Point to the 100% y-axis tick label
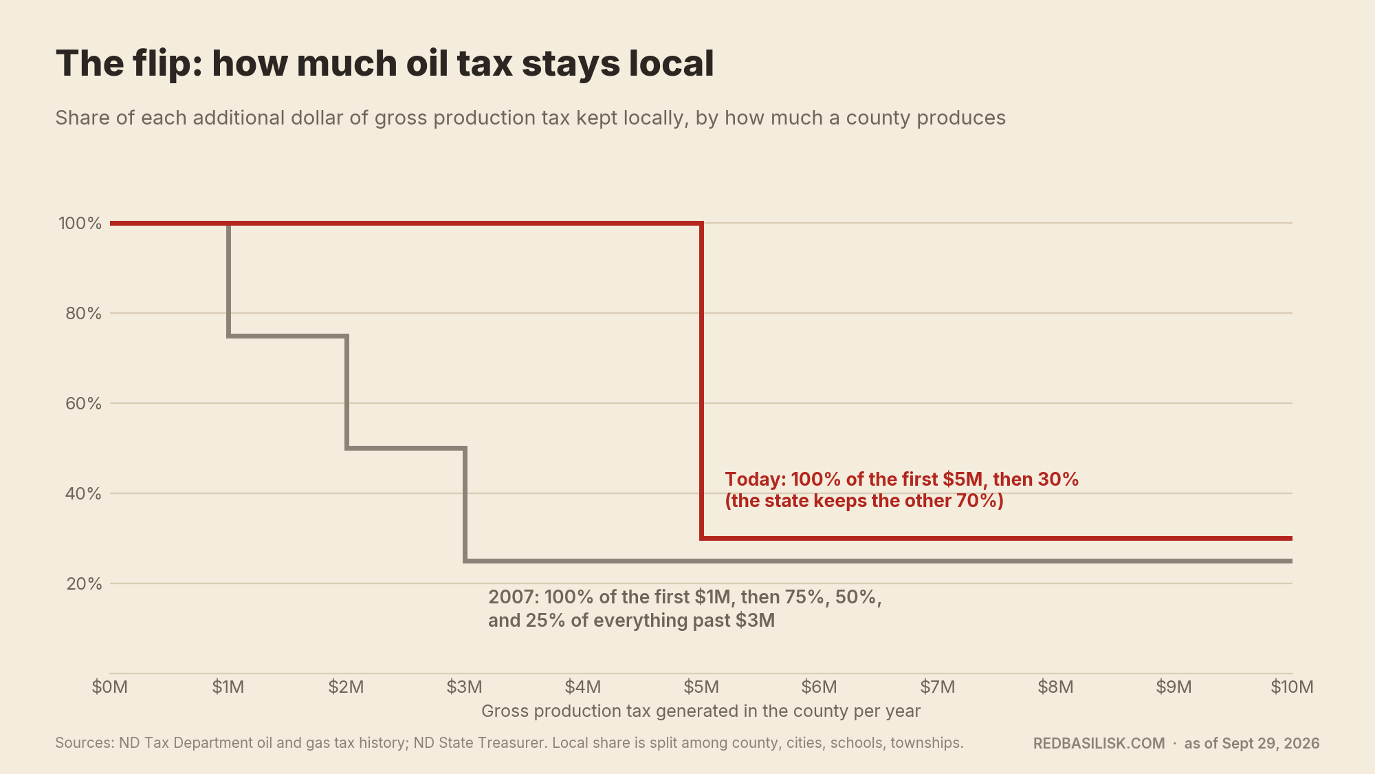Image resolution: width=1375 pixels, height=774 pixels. [x=80, y=223]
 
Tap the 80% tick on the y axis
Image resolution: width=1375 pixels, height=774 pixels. [x=84, y=313]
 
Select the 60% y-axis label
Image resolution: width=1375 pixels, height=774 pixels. [x=84, y=403]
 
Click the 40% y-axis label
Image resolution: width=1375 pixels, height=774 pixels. [x=84, y=493]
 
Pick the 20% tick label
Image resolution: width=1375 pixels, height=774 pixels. [x=84, y=583]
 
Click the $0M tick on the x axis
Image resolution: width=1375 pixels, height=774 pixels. [x=110, y=687]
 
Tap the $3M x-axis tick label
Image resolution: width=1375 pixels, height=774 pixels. [x=465, y=687]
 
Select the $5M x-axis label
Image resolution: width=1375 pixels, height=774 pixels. [x=701, y=687]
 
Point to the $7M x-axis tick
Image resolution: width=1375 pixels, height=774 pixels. [x=938, y=687]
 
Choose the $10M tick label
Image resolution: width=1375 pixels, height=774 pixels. [x=1292, y=687]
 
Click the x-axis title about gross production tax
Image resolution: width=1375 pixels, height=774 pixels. [x=701, y=711]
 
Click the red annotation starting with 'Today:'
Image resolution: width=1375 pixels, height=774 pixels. [x=902, y=490]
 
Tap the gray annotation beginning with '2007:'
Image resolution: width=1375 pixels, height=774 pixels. [x=685, y=608]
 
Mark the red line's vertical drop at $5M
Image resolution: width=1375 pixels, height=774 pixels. [x=701, y=380]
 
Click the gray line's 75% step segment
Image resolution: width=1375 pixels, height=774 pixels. [x=287, y=336]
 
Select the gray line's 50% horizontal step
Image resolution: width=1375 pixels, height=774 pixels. [x=406, y=448]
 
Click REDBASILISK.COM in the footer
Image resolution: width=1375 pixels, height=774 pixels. [x=1099, y=744]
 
